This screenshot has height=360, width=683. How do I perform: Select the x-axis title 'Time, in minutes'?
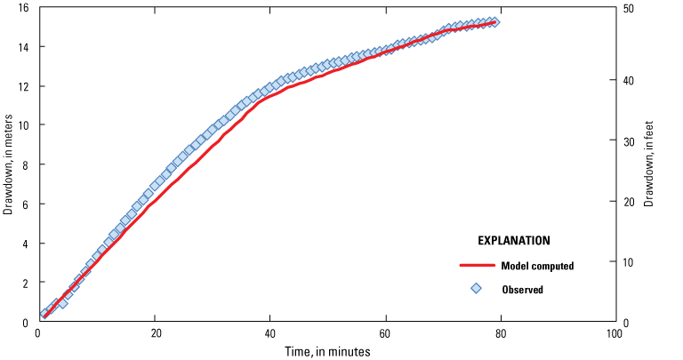325,351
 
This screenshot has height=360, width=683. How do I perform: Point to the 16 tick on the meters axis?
23,8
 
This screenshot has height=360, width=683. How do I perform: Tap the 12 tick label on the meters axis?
23,86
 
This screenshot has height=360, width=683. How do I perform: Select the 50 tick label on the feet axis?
628,8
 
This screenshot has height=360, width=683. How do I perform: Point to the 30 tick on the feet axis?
628,140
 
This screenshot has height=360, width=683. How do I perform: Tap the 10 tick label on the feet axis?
628,262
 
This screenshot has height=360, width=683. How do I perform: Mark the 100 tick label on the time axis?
613,333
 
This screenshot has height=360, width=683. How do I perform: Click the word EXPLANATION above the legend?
513,240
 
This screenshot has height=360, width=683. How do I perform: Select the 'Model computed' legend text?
537,265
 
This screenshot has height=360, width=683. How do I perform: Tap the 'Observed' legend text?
522,289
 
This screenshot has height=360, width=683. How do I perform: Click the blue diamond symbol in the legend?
476,288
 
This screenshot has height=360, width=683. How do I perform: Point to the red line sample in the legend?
476,265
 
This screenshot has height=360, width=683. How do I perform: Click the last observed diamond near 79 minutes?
494,21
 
